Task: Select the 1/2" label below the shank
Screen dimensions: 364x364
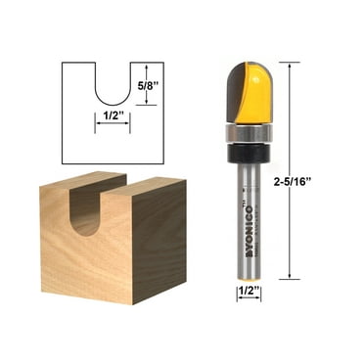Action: pos(249,291)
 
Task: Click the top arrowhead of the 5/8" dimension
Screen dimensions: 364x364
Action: pos(135,66)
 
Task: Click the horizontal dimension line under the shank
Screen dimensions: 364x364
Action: pos(249,300)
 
